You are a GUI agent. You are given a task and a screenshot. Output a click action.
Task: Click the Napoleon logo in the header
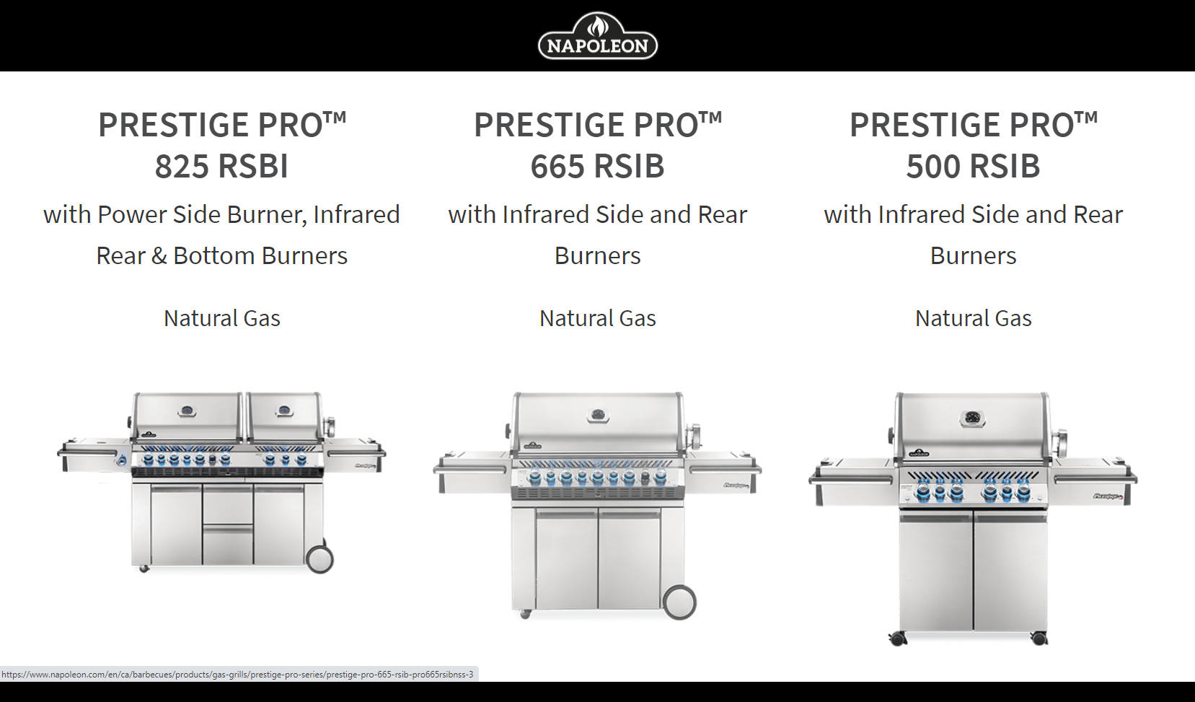coord(597,35)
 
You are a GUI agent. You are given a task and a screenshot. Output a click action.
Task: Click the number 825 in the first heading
coord(182,165)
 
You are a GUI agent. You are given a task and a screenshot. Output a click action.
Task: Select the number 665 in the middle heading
coord(557,165)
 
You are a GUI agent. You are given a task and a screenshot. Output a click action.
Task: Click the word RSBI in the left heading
coord(253,165)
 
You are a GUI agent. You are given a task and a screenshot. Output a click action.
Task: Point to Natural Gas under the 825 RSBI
coord(222,318)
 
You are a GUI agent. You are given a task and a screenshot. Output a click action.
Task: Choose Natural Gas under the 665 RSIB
coord(597,318)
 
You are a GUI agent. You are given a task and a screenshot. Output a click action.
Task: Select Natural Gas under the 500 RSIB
coord(974,318)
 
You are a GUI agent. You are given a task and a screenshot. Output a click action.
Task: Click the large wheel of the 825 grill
coord(319,559)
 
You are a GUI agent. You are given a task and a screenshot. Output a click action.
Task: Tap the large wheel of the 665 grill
coord(679,602)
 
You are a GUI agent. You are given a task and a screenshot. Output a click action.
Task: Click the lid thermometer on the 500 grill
coord(973,419)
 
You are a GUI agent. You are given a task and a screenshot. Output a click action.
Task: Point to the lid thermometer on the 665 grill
coord(598,415)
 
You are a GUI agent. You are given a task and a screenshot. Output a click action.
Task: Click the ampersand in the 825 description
coord(159,255)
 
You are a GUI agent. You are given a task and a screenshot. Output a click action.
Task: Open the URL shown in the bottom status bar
coord(237,675)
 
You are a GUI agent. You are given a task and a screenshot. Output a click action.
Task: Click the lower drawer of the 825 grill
coord(229,545)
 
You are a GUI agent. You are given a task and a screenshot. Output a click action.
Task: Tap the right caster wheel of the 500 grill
coord(1039,638)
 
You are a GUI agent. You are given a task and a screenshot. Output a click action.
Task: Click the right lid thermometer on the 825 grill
coord(284,411)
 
